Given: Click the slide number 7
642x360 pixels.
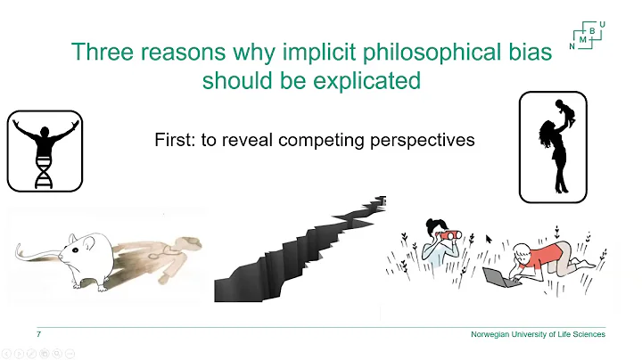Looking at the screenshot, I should (x=39, y=334).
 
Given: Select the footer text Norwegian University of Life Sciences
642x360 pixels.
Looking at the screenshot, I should (x=538, y=334).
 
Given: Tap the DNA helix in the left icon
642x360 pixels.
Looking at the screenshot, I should (x=43, y=170).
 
